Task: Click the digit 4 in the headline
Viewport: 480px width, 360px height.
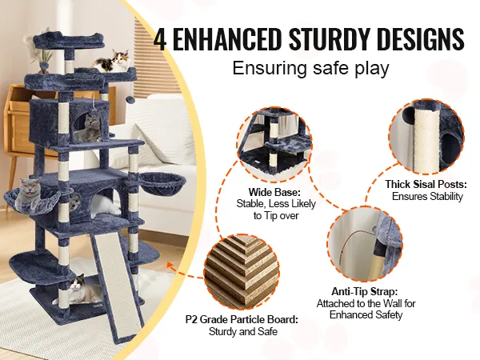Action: (x=160, y=38)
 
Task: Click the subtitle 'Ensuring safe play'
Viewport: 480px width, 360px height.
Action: (x=310, y=68)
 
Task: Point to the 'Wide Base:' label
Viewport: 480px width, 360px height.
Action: (x=274, y=192)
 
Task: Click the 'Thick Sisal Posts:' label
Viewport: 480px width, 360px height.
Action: (x=426, y=184)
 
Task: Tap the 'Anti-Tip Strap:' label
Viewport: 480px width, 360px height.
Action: (x=365, y=291)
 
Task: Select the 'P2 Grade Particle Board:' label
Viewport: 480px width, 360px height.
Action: (x=242, y=319)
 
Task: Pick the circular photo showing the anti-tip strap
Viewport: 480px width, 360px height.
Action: (x=365, y=244)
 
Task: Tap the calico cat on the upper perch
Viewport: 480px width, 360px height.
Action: (x=112, y=62)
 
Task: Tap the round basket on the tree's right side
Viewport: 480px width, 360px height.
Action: (x=163, y=183)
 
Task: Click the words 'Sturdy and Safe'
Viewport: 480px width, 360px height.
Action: (x=243, y=331)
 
